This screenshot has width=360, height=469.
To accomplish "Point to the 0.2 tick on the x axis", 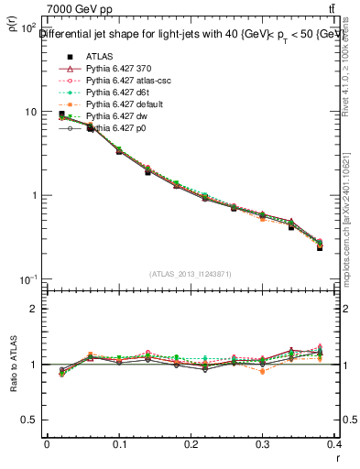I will [x=191, y=443].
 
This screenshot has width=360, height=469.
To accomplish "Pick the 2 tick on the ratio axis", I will [x=33, y=309].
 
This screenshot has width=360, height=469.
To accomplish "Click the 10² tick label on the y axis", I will [x=27, y=28].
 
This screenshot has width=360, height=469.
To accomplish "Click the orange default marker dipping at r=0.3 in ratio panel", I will [x=263, y=371].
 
